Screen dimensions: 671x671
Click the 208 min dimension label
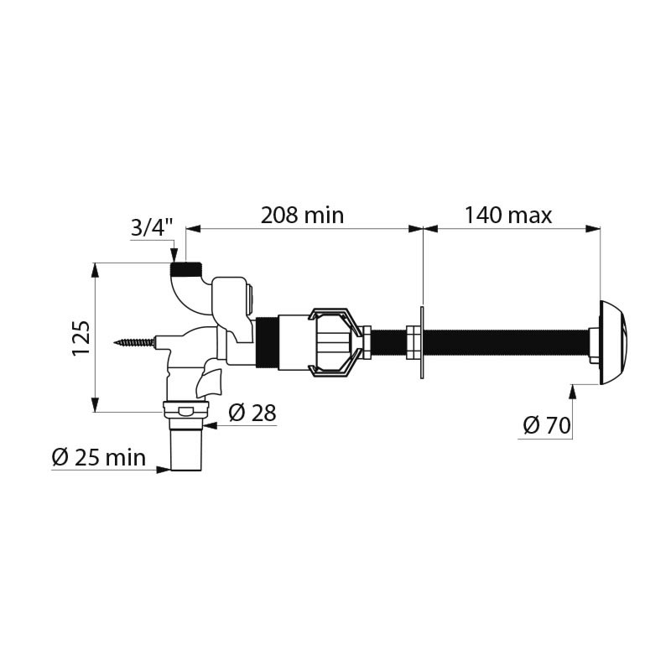point(302,216)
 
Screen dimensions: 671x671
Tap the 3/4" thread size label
point(152,227)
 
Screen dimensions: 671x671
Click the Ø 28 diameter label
point(252,413)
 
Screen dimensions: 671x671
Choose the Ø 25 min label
point(98,458)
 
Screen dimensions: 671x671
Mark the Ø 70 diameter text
point(546,426)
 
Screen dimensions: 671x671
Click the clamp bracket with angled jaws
point(335,342)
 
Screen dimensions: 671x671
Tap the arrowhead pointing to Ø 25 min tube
point(164,469)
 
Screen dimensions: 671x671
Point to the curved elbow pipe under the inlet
point(180,294)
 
